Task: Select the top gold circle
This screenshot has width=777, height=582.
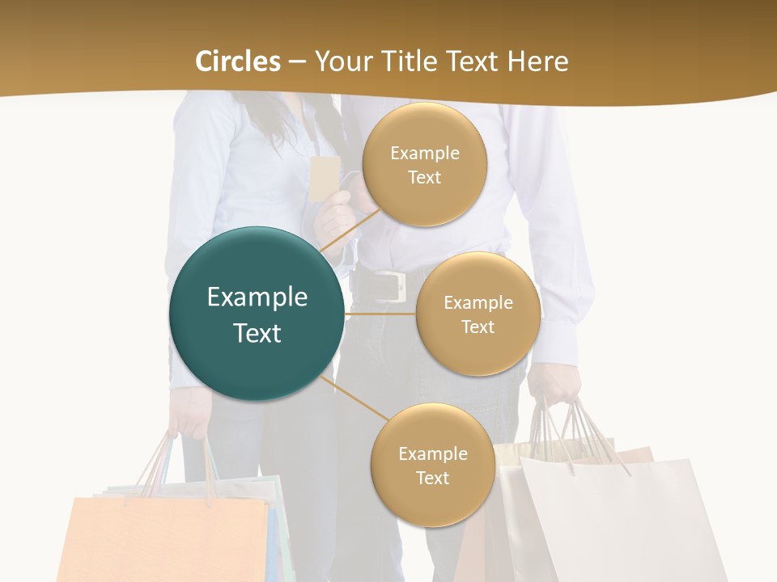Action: (424, 164)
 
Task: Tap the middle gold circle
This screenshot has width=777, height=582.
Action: (478, 314)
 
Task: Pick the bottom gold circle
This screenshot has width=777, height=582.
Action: (432, 465)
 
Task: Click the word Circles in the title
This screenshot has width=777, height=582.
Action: (238, 61)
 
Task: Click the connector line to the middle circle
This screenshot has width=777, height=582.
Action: (380, 314)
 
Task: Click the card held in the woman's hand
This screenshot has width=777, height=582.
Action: (324, 178)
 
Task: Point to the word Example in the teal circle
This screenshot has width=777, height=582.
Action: (257, 297)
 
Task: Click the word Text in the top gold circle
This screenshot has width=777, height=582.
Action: (424, 177)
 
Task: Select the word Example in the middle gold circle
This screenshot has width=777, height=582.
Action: (478, 303)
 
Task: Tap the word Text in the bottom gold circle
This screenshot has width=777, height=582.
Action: (432, 478)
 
